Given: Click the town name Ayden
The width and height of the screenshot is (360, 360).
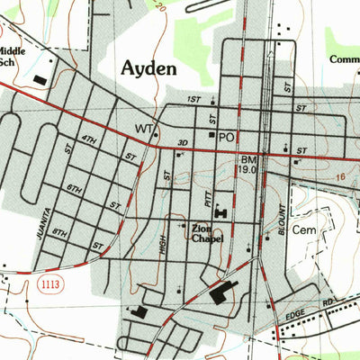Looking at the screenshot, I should tap(149, 68).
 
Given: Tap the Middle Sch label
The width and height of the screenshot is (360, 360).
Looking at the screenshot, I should tap(12, 58).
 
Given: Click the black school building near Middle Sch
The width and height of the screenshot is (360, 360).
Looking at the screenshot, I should tap(40, 80).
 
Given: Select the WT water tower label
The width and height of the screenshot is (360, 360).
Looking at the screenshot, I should tap(143, 129).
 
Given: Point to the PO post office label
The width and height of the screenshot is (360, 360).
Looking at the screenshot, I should tap(226, 137).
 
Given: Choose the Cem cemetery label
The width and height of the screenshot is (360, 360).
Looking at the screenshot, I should tap(310, 229).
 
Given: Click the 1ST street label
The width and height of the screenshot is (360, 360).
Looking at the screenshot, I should tap(193, 99).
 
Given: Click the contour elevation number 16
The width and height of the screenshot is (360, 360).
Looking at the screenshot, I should tap(340, 179).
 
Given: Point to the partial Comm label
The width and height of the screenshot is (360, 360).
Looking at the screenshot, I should tap(344, 60).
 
